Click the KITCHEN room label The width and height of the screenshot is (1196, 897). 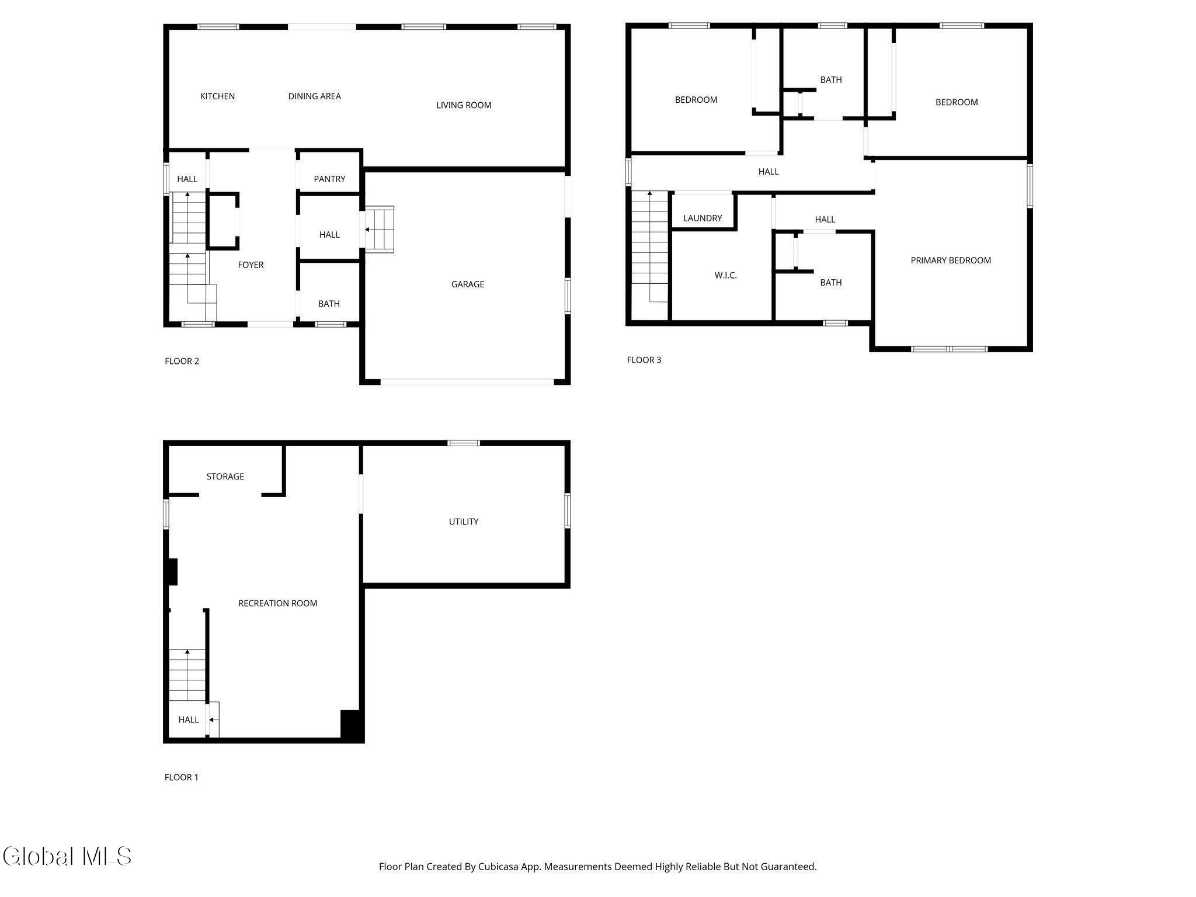click(x=217, y=96)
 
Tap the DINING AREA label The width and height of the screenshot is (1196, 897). click(x=314, y=96)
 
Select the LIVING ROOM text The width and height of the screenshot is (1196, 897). click(x=464, y=105)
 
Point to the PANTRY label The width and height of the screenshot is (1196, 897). click(x=329, y=179)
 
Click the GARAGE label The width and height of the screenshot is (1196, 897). click(x=467, y=284)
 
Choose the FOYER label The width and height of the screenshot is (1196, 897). click(x=251, y=265)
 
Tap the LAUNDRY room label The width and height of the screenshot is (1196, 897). click(x=703, y=218)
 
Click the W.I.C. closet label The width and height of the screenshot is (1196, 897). click(x=725, y=276)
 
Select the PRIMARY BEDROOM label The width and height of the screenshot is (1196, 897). click(x=951, y=260)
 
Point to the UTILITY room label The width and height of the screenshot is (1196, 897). click(x=464, y=522)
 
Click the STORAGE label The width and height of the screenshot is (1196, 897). click(x=225, y=477)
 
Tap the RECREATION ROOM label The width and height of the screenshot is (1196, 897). click(x=277, y=603)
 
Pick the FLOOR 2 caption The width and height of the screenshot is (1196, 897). click(x=182, y=361)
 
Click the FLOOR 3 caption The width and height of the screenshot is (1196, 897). click(x=644, y=360)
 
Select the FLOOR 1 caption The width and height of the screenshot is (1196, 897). click(x=182, y=777)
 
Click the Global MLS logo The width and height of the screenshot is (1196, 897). click(x=67, y=857)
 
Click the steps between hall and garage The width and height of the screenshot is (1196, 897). click(x=380, y=230)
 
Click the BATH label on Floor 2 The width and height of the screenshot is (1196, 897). click(x=329, y=304)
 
